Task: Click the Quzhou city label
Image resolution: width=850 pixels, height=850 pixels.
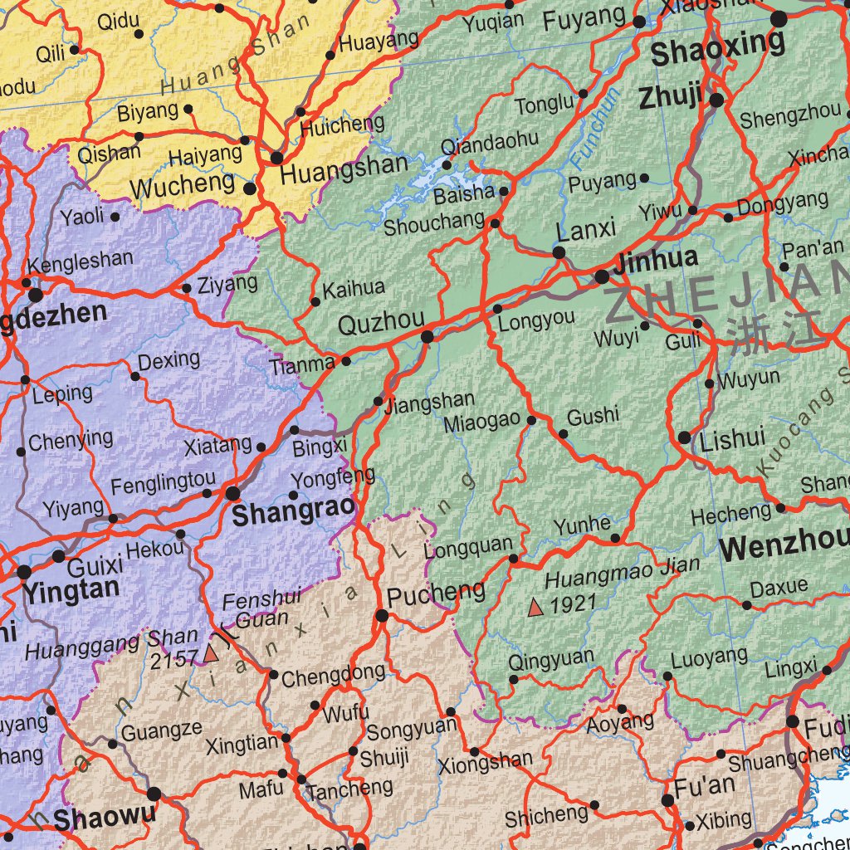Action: [x=381, y=320]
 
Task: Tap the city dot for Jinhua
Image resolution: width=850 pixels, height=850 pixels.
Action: [x=602, y=276]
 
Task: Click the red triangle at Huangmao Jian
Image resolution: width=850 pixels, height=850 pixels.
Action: [x=535, y=608]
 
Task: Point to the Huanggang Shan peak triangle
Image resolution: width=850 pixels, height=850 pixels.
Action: [x=210, y=655]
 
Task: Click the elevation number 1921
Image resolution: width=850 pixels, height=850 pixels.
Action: [x=574, y=603]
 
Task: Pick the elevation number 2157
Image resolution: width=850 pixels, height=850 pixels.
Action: [x=174, y=659]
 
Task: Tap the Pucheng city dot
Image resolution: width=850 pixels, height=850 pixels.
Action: [x=382, y=616]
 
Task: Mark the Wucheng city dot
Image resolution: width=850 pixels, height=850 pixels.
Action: [x=250, y=189]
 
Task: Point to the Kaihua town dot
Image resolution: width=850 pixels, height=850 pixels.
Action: [x=315, y=302]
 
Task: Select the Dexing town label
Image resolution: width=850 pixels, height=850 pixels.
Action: [x=169, y=361]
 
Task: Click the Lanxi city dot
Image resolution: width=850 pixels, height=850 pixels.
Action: [x=559, y=252]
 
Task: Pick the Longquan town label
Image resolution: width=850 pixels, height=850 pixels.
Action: [x=468, y=548]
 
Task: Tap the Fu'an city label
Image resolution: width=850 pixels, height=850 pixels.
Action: [x=705, y=785]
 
